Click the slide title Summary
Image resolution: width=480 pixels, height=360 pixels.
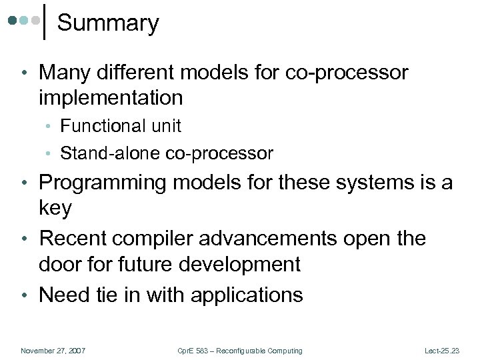point(108,23)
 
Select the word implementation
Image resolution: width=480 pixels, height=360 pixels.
point(111,98)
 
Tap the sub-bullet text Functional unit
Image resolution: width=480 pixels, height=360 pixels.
point(121,126)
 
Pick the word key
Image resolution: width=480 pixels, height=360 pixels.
point(55,208)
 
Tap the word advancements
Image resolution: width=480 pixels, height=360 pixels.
point(276,238)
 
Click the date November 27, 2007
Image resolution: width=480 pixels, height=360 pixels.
point(53,351)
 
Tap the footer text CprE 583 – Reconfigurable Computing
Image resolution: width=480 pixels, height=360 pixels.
point(239,351)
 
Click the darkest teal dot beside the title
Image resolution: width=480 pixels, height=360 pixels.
point(13,21)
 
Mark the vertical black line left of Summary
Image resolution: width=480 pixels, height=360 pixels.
point(44,22)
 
